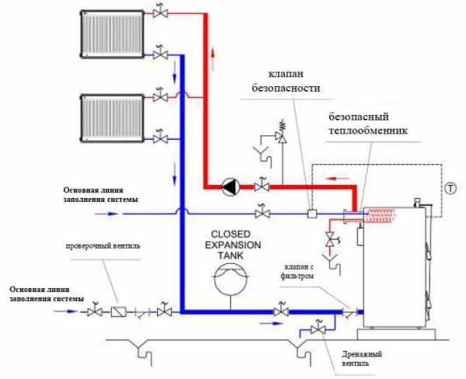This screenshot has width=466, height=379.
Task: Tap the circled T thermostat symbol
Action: point(450,188)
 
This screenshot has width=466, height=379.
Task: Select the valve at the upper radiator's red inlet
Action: point(160,13)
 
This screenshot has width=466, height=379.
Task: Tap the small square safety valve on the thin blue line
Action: point(311,213)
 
